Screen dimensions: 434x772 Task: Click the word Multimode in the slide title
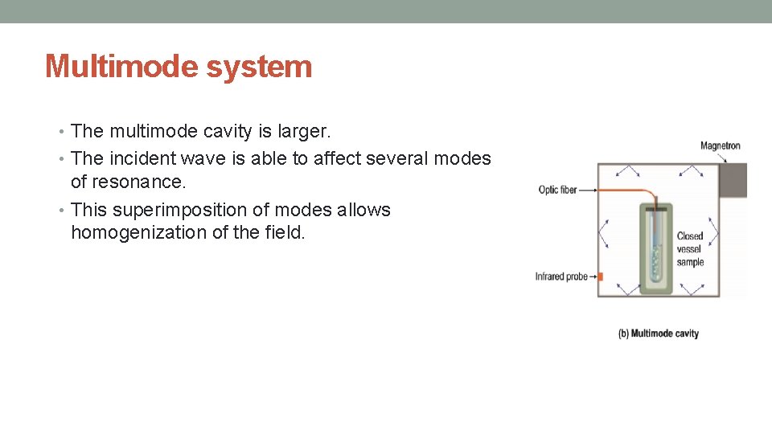tap(121, 66)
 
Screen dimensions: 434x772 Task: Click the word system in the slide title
tap(258, 66)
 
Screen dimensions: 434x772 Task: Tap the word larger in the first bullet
tap(318, 130)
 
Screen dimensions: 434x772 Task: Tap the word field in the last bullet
tap(285, 233)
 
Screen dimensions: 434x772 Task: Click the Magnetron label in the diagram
tap(720, 145)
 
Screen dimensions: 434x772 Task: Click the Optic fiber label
tap(558, 190)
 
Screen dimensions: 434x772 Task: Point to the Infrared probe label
tap(561, 276)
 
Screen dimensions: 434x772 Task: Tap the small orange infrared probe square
tap(600, 276)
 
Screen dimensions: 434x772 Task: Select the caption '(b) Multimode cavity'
tap(659, 333)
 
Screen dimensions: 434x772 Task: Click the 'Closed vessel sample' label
tap(690, 248)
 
